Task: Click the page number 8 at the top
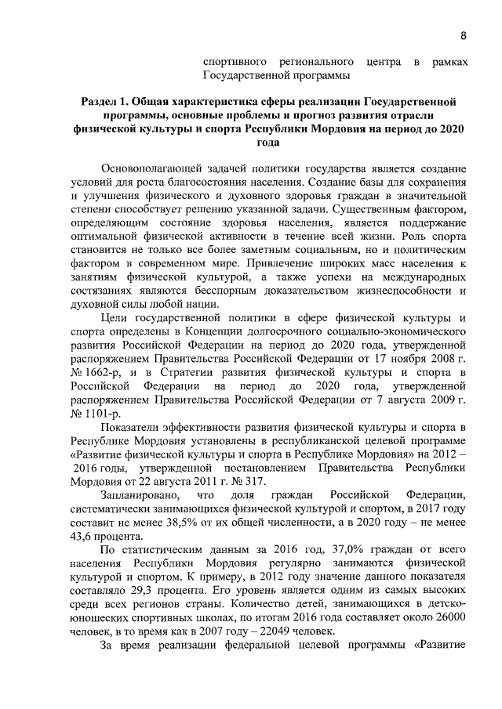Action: click(x=463, y=35)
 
